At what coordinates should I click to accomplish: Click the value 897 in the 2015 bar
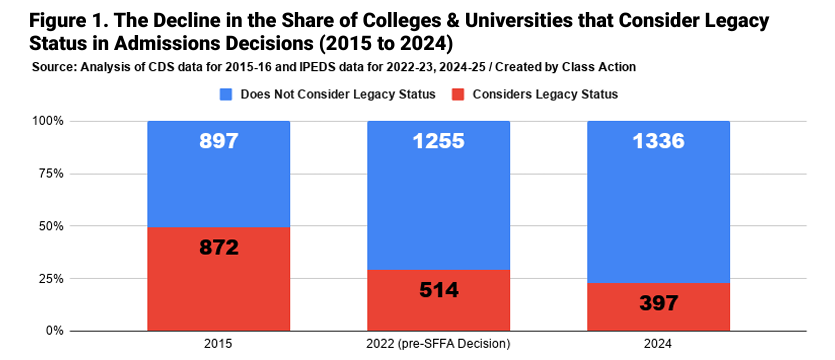219,141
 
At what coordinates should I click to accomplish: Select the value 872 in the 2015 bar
219,247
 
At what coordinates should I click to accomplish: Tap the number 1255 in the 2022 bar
438,141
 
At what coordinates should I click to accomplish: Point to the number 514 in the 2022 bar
438,290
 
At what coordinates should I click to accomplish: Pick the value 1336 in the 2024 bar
658,141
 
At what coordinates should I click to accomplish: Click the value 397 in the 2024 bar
658,302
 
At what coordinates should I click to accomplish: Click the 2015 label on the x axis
218,345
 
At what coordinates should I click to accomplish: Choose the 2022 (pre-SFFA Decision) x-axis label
438,345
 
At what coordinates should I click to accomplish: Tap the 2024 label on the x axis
658,345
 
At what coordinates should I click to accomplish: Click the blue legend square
225,95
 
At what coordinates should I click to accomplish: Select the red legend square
458,95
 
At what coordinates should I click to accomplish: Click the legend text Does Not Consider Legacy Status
338,95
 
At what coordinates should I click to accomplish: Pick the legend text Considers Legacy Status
545,95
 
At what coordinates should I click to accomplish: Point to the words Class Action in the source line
609,68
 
